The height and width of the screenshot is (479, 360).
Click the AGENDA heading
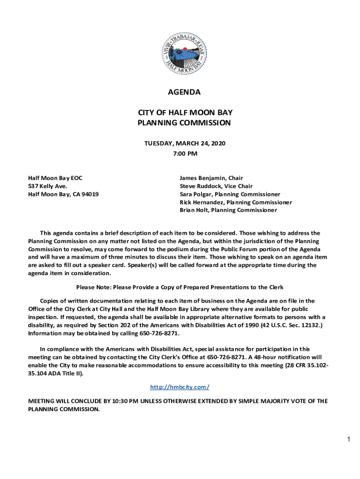coord(184,92)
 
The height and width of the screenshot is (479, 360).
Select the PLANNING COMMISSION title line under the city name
coord(184,123)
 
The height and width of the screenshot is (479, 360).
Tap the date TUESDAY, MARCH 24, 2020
coord(184,144)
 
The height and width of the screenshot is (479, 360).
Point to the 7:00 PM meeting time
coord(184,153)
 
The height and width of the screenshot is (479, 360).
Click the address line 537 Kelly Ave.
coord(47,186)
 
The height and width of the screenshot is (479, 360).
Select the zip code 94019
coord(90,194)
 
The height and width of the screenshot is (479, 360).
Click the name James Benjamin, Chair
coord(211,178)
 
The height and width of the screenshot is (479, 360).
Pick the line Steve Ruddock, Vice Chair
coord(216,186)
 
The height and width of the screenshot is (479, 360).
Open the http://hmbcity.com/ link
coord(180,387)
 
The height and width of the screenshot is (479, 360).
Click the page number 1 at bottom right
coord(348,439)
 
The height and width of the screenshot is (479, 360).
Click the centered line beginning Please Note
coord(180,287)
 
